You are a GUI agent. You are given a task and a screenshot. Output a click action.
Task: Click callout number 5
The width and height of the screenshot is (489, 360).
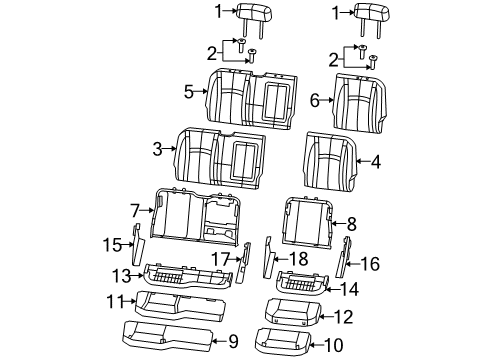click(188, 92)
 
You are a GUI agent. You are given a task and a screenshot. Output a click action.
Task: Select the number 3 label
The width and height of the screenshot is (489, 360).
click(157, 150)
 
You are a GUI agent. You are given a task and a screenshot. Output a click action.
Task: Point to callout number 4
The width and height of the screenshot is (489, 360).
click(375, 160)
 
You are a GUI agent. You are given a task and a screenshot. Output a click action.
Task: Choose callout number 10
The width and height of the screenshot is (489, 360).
click(331, 345)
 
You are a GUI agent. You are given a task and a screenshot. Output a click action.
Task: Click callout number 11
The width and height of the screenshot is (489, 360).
click(115, 301)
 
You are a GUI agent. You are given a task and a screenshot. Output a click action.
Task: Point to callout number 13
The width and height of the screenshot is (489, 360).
click(122, 273)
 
